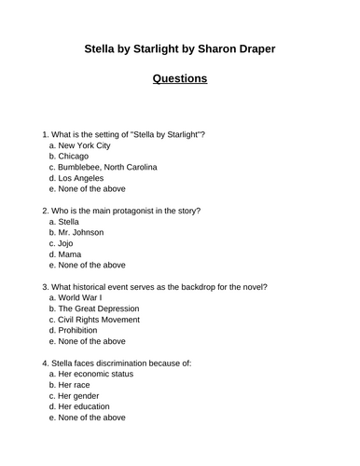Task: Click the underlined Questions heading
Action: point(179,78)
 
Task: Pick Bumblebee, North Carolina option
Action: point(107,168)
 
